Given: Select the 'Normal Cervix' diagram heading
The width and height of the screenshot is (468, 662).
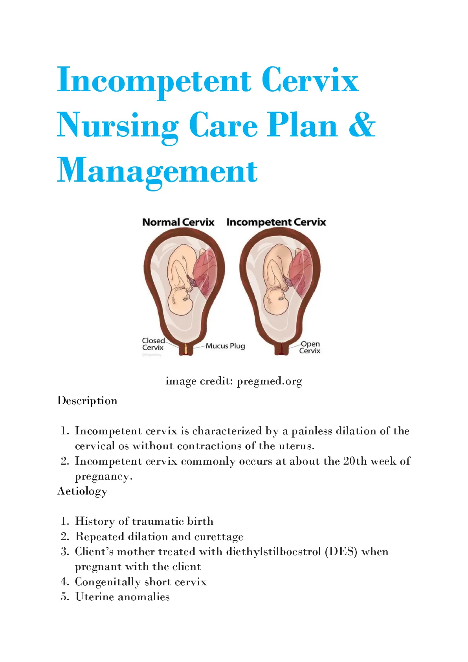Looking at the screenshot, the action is coord(178,222).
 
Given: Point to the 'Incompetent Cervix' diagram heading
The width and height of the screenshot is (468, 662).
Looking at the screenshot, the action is coord(276,222).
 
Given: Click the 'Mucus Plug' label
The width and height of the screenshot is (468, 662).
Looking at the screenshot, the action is coord(225,346).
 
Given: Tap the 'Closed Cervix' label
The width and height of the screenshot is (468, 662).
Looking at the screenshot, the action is coord(153,344).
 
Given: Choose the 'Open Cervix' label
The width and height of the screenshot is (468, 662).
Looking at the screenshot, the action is coord(310,347).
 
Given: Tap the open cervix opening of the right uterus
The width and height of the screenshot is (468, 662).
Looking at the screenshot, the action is coord(281,349).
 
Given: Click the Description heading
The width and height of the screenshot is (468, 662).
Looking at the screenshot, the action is coord(87,401).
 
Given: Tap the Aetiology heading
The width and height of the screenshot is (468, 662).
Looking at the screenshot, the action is coord(82,491).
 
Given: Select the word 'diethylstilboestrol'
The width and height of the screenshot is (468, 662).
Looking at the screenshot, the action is coord(273,552).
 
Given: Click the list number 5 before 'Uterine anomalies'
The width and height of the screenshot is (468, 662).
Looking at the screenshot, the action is coord(64,597).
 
